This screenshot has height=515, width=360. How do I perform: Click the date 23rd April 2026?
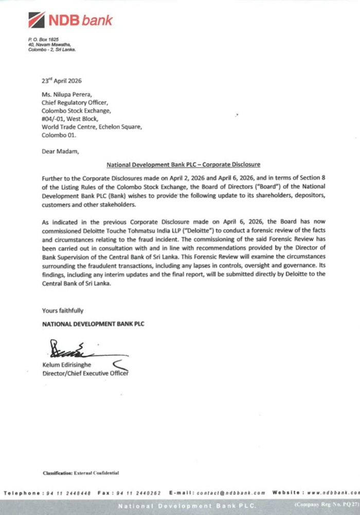click(x=61, y=80)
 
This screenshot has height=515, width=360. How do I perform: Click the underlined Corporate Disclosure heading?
click(x=183, y=165)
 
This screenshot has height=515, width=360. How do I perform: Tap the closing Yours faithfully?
click(x=62, y=311)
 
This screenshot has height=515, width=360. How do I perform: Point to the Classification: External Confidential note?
click(x=81, y=472)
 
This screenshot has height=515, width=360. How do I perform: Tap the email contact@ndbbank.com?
click(x=233, y=493)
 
